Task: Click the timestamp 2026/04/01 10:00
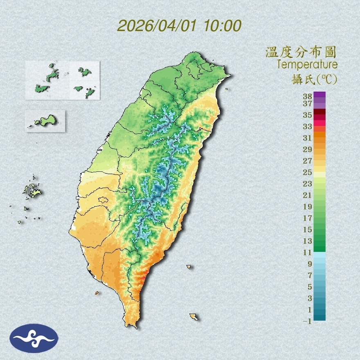179,25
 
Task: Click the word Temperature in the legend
307,65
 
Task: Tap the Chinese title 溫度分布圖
301,52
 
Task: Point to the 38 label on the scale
308,97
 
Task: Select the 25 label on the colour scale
308,172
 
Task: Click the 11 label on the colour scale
308,252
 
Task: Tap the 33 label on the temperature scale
308,126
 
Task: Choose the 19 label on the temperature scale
308,207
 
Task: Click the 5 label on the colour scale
310,287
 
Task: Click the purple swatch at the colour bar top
319,95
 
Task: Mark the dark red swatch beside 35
319,112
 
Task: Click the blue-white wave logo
34,338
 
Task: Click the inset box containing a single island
45,121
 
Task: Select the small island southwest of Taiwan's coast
97,293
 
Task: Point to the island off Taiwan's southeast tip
194,317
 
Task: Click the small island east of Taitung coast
189,267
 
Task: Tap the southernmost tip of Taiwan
133,326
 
